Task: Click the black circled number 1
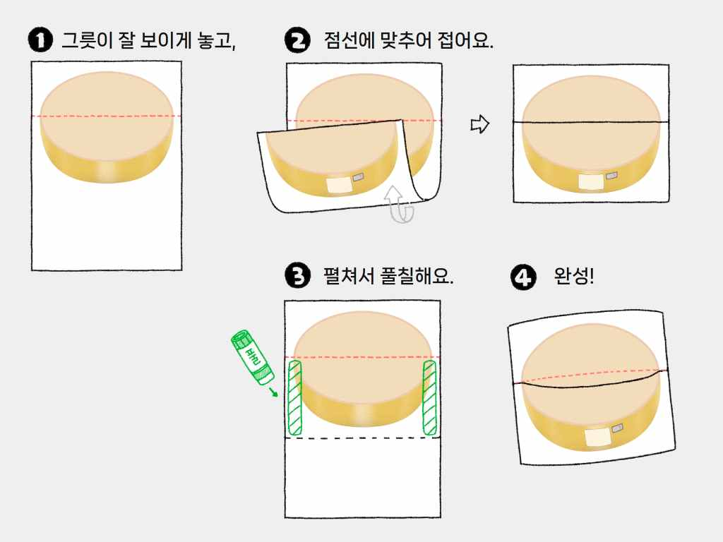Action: tap(40, 40)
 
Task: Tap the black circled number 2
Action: tap(297, 40)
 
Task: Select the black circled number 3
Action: tap(297, 276)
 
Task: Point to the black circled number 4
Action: tap(523, 277)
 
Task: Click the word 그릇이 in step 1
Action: tap(87, 40)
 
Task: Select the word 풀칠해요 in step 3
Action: tap(417, 276)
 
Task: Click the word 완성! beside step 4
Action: tap(573, 276)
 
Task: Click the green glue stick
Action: tap(252, 356)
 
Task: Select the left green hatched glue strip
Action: tap(294, 398)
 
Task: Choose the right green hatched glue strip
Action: tap(429, 398)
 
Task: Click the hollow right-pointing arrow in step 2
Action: tap(479, 124)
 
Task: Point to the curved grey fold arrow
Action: tap(400, 204)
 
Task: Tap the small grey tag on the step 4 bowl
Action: tap(617, 428)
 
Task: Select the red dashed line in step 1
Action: tap(107, 116)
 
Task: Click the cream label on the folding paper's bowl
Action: tap(340, 186)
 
